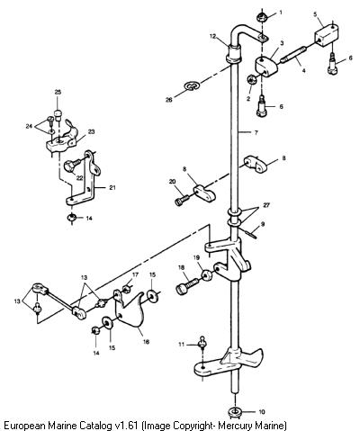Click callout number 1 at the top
281,13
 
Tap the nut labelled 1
262,17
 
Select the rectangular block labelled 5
326,35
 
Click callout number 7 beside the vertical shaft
256,132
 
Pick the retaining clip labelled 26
192,86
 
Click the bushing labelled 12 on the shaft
234,54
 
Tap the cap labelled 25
58,114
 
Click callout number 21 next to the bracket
112,188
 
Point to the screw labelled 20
182,200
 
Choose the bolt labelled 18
186,286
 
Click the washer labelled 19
207,275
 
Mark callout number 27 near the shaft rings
266,205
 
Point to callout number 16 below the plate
146,342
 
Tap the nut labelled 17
127,289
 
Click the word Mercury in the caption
236,426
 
